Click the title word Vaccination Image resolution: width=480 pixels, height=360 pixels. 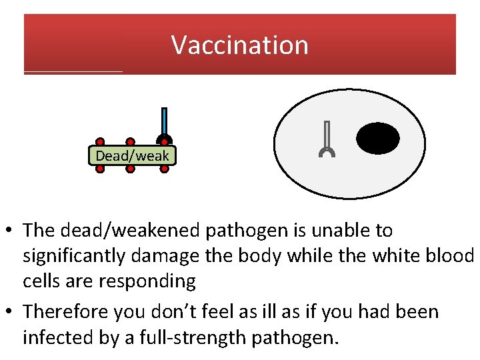[x=240, y=45]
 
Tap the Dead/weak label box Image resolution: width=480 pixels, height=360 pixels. [x=133, y=156]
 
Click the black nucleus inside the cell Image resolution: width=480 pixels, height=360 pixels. [x=378, y=139]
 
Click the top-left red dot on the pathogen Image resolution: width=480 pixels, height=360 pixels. [x=100, y=142]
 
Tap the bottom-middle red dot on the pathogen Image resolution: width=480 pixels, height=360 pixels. [x=131, y=169]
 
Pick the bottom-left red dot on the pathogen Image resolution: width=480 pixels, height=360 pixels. [x=100, y=169]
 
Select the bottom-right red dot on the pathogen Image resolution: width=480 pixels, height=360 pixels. [x=164, y=169]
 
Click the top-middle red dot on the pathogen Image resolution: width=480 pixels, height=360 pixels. [x=131, y=142]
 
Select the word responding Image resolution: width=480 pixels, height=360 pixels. [x=147, y=281]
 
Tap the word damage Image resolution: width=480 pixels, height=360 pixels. [x=179, y=256]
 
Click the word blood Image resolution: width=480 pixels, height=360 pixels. [x=447, y=256]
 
